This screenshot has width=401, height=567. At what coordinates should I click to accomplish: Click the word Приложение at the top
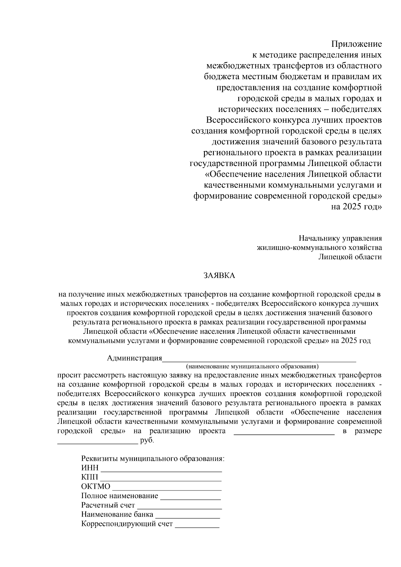[x=356, y=44]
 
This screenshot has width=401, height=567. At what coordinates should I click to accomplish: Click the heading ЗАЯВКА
[x=220, y=275]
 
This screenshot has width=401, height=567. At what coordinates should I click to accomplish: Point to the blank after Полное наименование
[x=190, y=498]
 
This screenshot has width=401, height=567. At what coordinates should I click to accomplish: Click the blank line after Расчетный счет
[x=179, y=508]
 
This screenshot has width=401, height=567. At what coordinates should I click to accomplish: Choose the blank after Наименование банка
[x=187, y=517]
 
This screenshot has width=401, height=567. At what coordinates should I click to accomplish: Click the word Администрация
[x=134, y=358]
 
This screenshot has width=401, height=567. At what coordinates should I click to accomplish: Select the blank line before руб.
[x=98, y=442]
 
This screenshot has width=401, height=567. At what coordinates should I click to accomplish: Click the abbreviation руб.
[x=147, y=440]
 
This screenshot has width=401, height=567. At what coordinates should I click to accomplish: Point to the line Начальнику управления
[x=340, y=238]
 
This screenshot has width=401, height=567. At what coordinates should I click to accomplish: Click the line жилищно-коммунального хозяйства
[x=319, y=248]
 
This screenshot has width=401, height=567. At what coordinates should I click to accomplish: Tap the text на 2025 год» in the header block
[x=356, y=207]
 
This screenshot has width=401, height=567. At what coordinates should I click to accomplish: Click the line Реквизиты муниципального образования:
[x=153, y=458]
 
